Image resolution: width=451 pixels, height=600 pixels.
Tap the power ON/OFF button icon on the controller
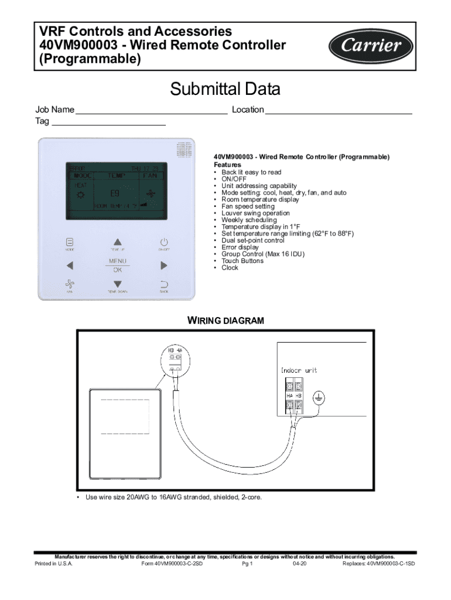click(x=164, y=242)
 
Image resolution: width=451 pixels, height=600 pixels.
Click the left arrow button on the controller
click(x=69, y=265)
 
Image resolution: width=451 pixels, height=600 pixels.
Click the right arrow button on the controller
click(x=164, y=265)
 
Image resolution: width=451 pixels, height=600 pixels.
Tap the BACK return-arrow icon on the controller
click(x=164, y=284)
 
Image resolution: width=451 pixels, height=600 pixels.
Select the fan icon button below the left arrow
click(x=69, y=283)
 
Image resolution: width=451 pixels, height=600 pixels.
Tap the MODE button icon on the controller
click(x=69, y=241)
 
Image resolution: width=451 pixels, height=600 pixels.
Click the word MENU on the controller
click(x=118, y=261)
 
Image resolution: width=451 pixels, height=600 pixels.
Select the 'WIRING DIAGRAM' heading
click(x=225, y=321)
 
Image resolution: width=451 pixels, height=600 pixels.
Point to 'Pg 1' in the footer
click(x=247, y=564)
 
